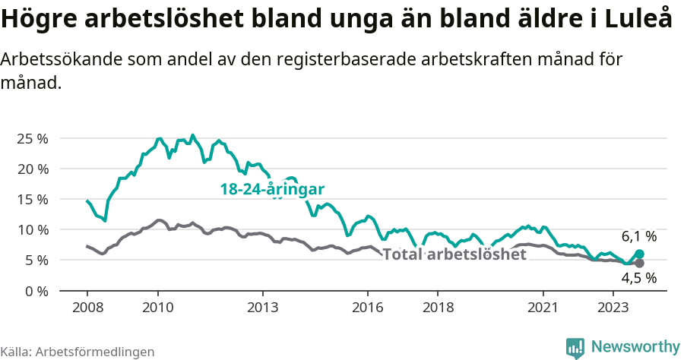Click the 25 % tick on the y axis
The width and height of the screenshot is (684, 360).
32,138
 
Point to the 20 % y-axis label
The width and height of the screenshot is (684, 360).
32,169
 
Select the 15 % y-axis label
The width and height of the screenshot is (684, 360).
32,199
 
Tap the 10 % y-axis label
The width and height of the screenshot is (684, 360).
32,229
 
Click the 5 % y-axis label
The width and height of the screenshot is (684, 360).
36,260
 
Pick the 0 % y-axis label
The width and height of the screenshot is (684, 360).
36,290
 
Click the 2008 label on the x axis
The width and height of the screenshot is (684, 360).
87,308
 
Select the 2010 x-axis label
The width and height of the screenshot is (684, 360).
157,308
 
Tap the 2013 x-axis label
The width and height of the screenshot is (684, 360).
263,308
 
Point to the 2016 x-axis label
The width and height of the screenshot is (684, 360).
368,308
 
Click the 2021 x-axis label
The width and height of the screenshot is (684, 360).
543,308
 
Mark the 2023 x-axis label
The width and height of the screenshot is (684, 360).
613,308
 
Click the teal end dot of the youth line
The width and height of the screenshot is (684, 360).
639,254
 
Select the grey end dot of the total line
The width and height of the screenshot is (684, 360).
639,264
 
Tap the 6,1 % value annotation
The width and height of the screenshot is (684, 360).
638,236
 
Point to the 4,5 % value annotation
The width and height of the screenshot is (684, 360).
638,278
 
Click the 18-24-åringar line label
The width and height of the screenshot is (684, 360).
272,189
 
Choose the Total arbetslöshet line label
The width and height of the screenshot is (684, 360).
454,254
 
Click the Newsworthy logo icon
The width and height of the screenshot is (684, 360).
575,347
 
